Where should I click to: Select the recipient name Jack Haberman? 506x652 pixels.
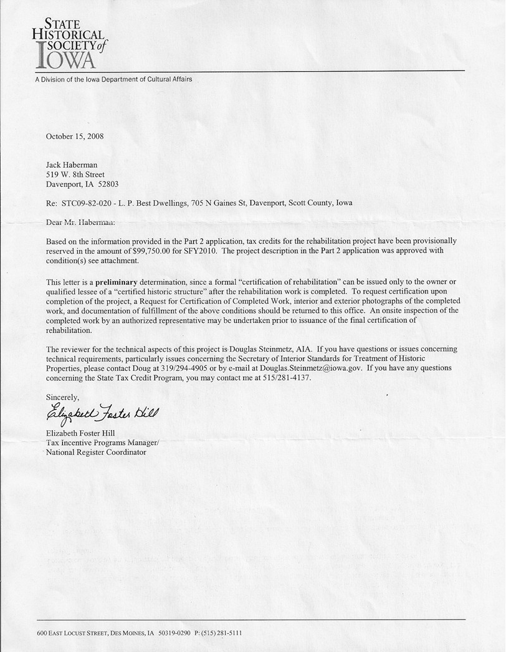72,165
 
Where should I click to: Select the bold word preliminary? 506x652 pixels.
118,282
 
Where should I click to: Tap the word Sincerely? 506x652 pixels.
63,397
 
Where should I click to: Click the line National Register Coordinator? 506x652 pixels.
96,452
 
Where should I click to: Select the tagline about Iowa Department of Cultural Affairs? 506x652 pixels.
113,79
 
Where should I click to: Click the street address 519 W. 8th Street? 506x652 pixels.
75,175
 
